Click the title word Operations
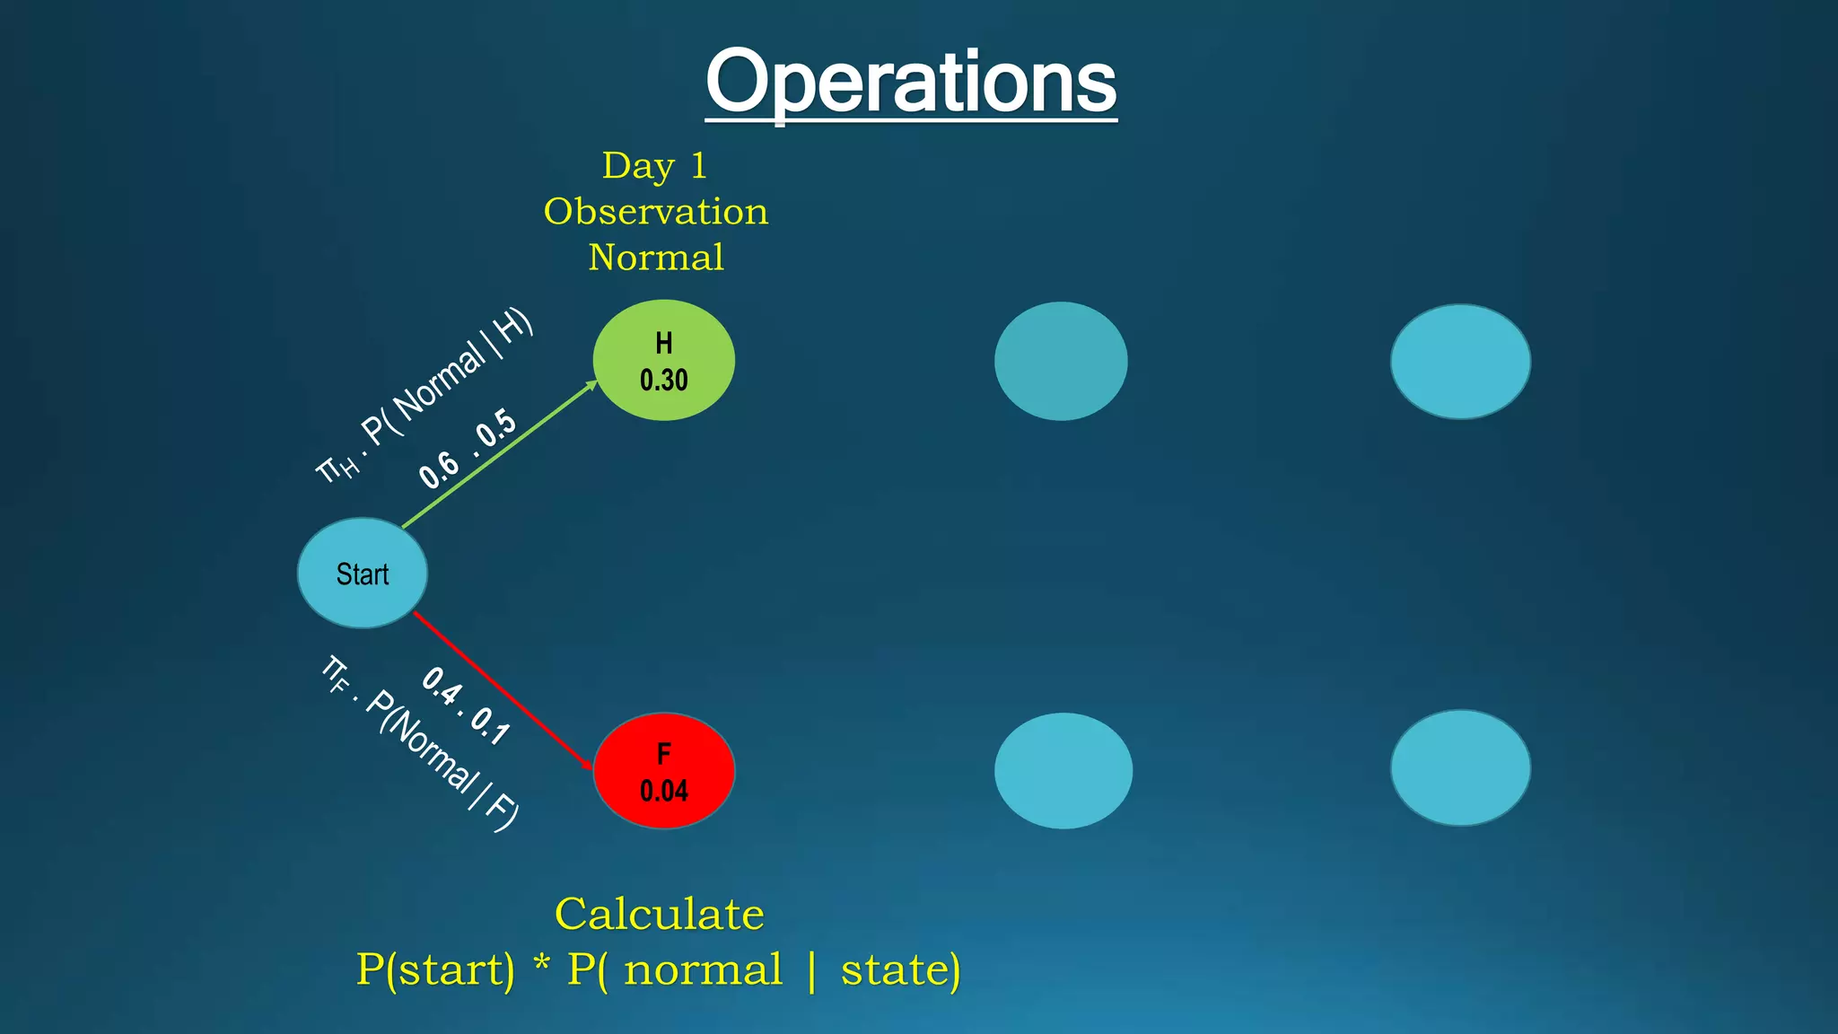911,83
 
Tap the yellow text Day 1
654,166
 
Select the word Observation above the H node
656,212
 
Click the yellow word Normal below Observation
656,258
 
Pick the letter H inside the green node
663,343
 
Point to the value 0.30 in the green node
663,381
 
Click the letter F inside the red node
663,753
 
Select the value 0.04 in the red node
663,791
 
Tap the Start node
363,574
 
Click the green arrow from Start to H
499,455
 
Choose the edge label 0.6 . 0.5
468,448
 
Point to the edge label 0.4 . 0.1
466,705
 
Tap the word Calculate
660,915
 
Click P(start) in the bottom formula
436,969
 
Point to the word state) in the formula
900,969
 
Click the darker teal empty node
1061,361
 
